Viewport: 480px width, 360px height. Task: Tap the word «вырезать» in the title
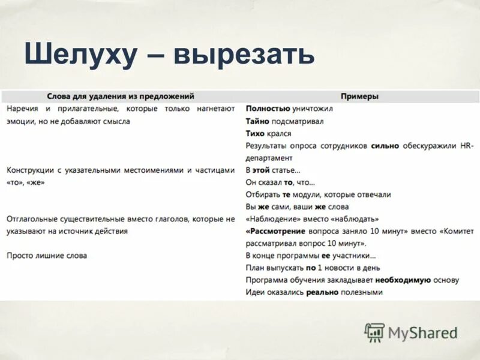pos(244,56)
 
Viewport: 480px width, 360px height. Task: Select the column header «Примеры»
pos(360,96)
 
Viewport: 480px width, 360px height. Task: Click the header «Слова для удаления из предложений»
pos(121,96)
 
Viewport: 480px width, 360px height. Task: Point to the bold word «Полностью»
pos(267,109)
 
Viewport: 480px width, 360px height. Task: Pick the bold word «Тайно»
pos(257,121)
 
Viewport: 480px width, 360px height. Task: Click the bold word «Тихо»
pos(255,134)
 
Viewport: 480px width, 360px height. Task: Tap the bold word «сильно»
pos(383,146)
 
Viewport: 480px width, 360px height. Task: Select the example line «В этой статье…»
pos(273,170)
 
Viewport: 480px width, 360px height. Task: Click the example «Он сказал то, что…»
pos(280,182)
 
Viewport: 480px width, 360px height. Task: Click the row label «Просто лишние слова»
pos(47,256)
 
